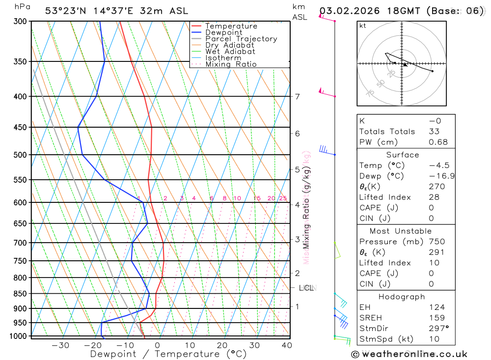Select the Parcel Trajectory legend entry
pos(241,39)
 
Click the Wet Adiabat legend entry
pos(230,52)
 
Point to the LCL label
pos(306,288)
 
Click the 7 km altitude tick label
pos(298,96)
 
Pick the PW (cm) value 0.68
pos(438,142)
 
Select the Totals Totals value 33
pos(434,131)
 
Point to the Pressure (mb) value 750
pos(437,242)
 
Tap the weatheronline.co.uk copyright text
pos(409,354)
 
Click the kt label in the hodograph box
pos(362,26)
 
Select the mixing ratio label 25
pos(283,198)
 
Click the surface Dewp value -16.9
pos(438,176)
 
